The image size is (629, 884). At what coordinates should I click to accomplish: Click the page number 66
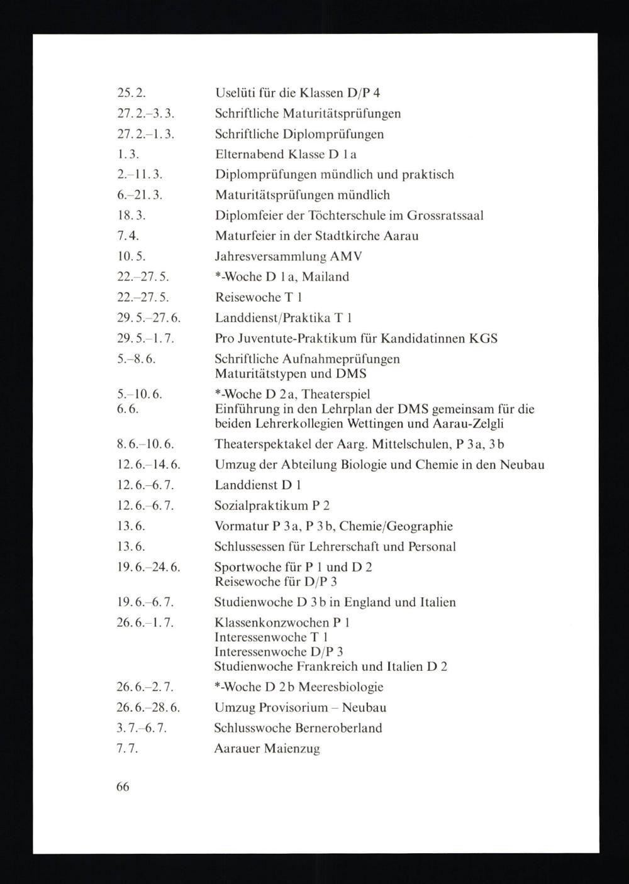point(123,787)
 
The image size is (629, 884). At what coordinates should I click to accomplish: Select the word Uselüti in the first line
point(234,93)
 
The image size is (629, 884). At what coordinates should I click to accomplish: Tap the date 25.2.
point(131,93)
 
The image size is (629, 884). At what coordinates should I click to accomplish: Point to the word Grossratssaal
point(445,216)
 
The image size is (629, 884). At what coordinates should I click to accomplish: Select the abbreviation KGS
point(483,338)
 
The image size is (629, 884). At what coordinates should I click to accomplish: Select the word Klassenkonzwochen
point(272,622)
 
